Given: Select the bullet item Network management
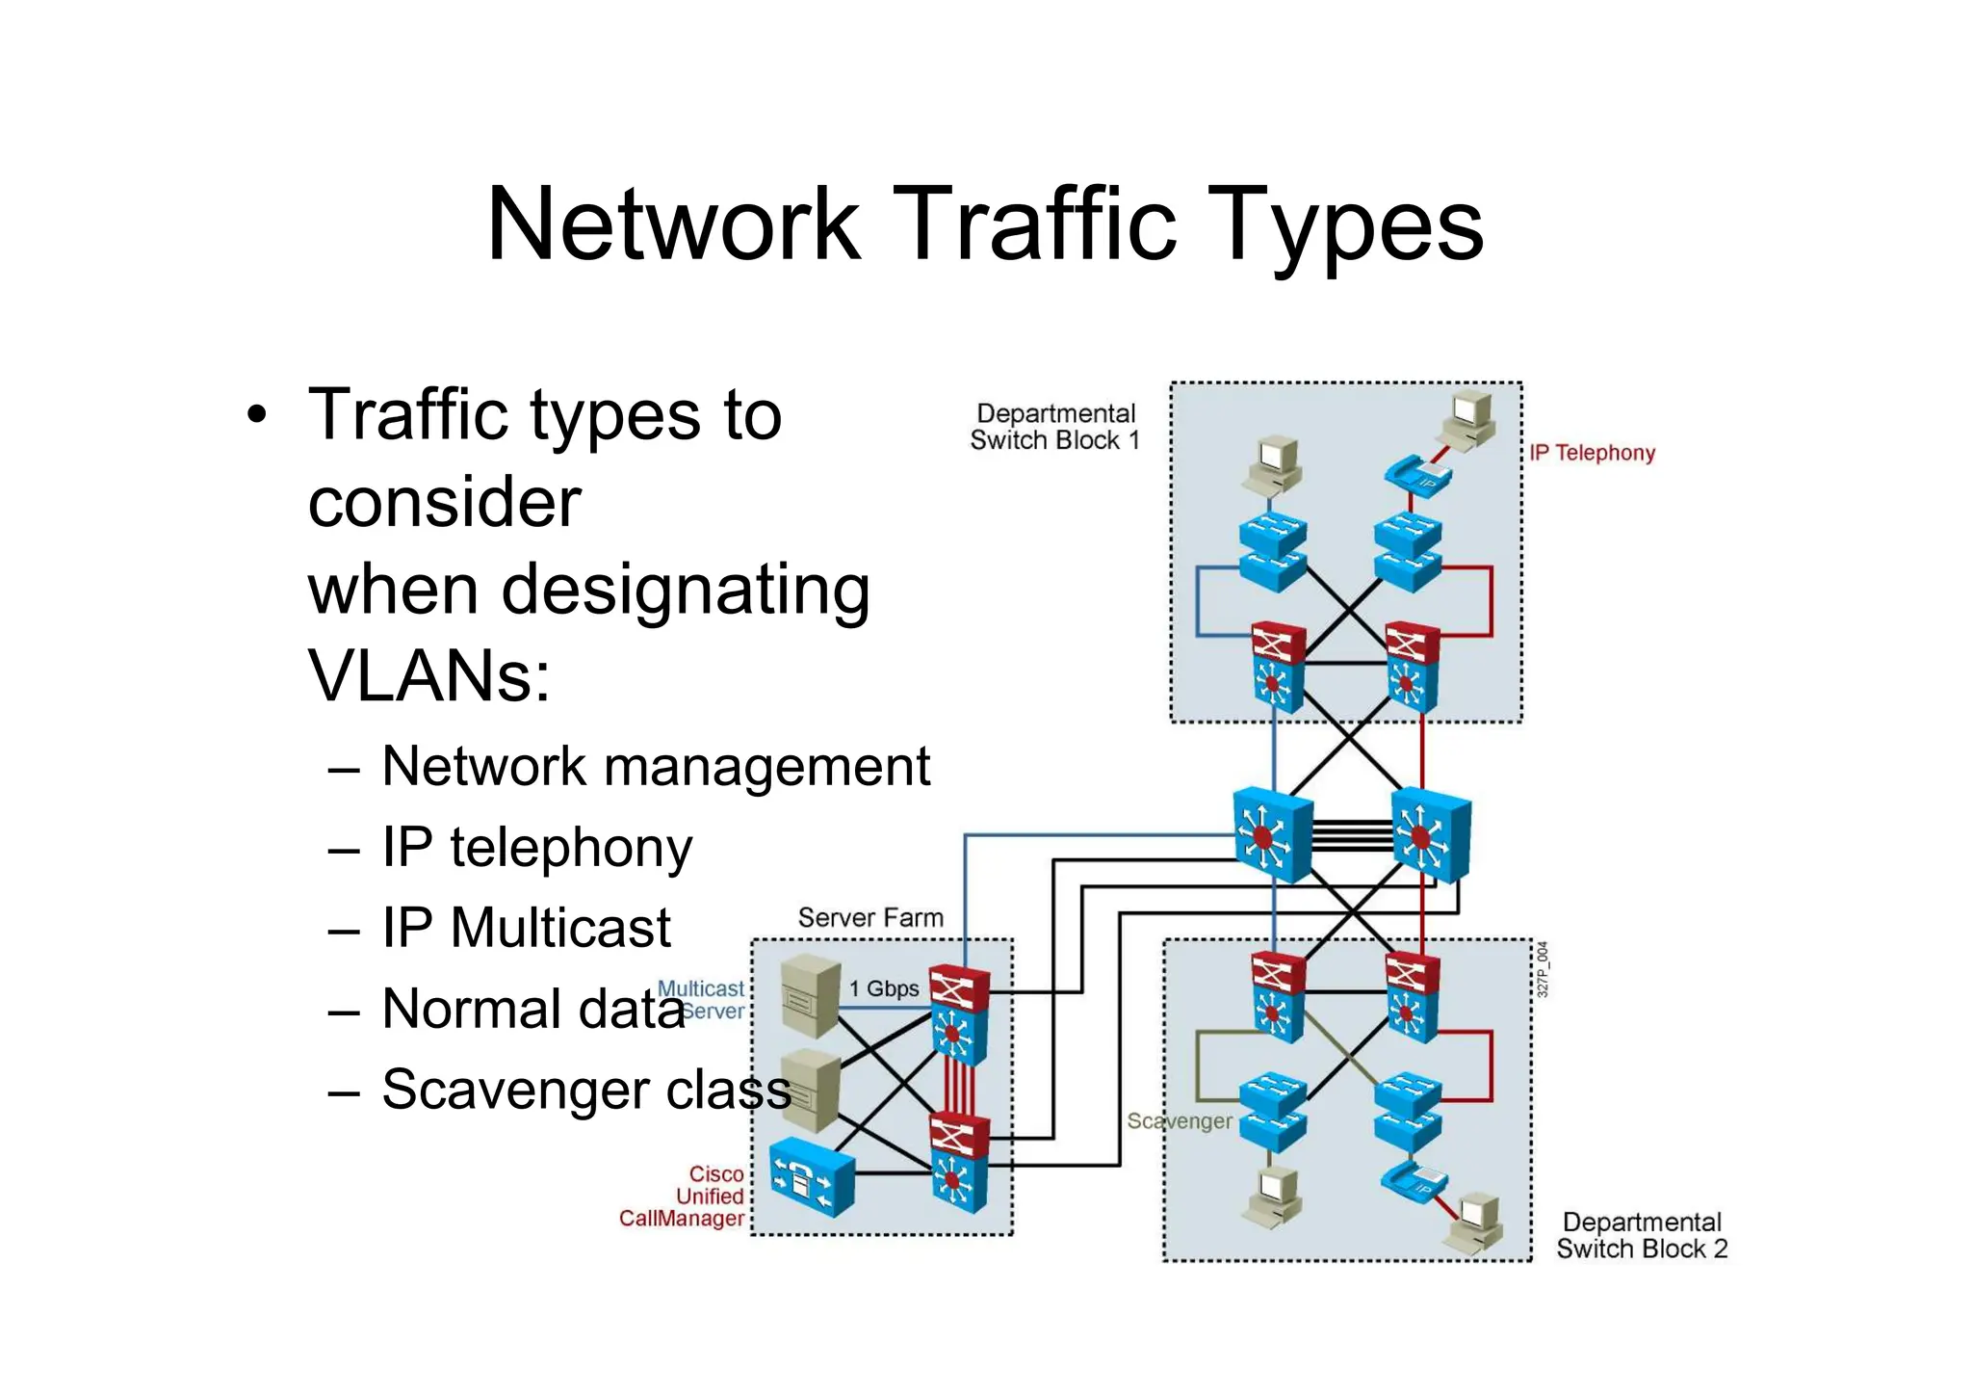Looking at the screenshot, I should pos(655,767).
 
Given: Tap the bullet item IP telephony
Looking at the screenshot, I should pos(536,848).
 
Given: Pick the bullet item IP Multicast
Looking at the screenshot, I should pos(526,928).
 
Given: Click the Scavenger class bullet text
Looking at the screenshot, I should pos(585,1090).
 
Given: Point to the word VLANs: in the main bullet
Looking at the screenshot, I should pos(429,675).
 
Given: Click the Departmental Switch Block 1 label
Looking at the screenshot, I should pos(1054,427).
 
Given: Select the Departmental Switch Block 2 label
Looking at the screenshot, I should pos(1642,1235).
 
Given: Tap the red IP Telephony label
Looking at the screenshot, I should pos(1593,453).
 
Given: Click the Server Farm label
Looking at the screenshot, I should pos(870,918).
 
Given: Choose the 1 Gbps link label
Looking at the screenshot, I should pos(883,988).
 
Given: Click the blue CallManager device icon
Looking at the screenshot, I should pos(812,1175).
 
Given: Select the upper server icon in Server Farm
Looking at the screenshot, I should pos(811,995).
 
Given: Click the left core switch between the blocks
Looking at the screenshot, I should pos(1273,834).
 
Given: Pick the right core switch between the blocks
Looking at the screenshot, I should pos(1431,834).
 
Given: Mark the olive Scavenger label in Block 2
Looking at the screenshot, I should pos(1180,1121).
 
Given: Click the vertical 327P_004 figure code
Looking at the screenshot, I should pos(1542,969).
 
